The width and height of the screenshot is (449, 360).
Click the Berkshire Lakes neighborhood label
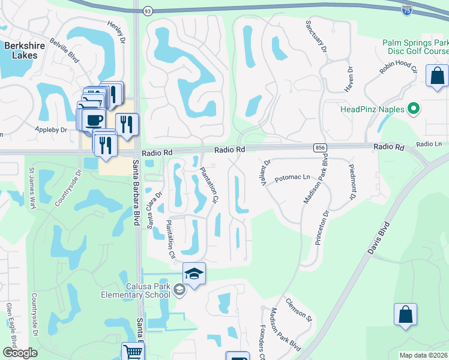tap(21, 50)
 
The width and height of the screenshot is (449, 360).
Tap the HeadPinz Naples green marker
tap(413, 109)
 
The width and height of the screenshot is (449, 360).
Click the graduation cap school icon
tap(194, 274)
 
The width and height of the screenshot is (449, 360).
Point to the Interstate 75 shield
tap(406, 9)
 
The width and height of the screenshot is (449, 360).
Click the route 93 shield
tap(148, 11)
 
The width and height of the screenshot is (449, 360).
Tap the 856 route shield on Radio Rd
tap(319, 147)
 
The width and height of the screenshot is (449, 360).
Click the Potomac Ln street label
tap(292, 178)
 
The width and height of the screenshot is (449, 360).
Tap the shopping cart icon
tap(133, 352)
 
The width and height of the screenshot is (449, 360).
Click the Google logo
tap(19, 353)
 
